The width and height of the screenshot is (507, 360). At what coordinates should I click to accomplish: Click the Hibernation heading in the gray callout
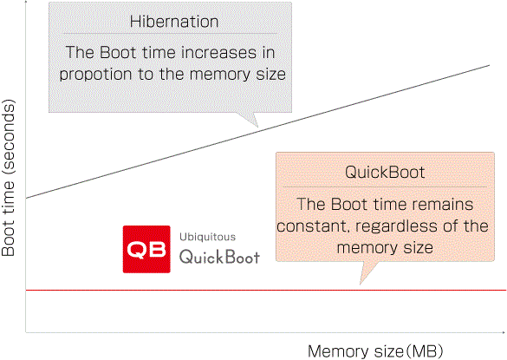coord(174,22)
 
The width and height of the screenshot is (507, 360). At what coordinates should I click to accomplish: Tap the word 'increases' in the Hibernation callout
coord(218,52)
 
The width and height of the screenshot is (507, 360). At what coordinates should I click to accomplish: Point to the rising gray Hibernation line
coord(257,132)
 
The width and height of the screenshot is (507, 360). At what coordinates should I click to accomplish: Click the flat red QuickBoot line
coord(266,290)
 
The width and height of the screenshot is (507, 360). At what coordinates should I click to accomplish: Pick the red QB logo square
coord(146,249)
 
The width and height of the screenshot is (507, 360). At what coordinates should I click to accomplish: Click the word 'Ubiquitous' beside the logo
coord(208,237)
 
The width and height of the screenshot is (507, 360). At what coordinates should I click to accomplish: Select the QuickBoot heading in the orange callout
coord(385,172)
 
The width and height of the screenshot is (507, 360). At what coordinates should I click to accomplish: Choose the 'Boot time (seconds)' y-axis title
coord(8,178)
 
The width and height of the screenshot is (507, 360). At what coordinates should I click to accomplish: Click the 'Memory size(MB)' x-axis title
coord(375,351)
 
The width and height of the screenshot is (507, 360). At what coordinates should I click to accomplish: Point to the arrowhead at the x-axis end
coord(504,332)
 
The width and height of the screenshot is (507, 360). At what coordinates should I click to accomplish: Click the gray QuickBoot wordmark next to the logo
coord(219,257)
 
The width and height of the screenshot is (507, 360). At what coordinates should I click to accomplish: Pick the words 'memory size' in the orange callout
coord(385,248)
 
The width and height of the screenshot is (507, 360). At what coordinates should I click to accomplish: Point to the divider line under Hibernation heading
coord(170,33)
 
